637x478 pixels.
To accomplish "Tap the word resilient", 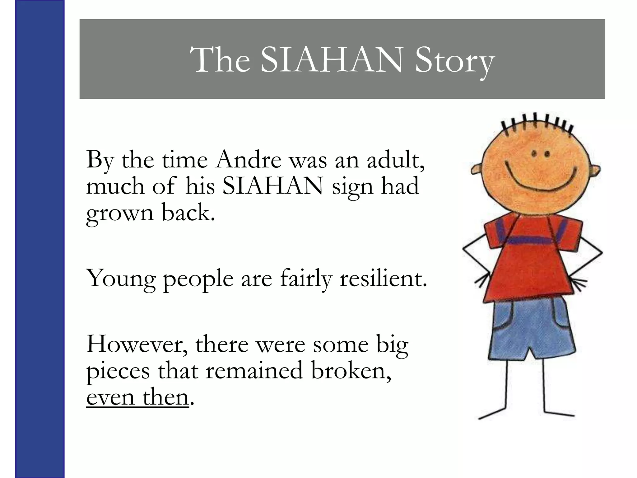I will pyautogui.click(x=383, y=278).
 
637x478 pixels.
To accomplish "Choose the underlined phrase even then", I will pyautogui.click(x=137, y=397).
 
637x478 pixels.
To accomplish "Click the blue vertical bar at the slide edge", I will pyautogui.click(x=40, y=239).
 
